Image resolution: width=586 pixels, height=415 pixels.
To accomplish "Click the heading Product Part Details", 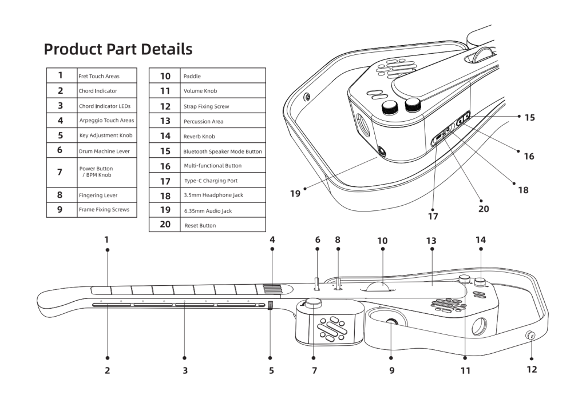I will pos(118,49).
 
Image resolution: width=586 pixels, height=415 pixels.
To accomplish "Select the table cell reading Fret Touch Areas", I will pos(99,76).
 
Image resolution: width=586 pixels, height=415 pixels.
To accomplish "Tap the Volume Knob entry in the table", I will pos(200,91).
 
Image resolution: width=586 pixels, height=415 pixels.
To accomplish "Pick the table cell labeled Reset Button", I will pos(200,226).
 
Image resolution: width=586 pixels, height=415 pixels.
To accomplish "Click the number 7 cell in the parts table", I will pos(60,172).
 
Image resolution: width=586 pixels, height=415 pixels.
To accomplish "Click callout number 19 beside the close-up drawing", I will pos(295,194).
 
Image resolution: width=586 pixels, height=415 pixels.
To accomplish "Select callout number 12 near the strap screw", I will pos(532,369).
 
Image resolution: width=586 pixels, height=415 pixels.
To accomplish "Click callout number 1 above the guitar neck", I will pos(106,240).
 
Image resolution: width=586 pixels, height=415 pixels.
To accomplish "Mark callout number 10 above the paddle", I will pos(382,241).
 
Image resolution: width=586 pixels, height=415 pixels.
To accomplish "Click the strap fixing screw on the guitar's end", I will pos(530,336).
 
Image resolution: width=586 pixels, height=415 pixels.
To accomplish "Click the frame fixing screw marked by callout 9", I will pos(392,324).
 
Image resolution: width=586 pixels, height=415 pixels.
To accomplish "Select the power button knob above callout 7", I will pos(314,303).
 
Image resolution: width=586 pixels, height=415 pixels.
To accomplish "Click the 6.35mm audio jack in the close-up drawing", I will pos(381,151).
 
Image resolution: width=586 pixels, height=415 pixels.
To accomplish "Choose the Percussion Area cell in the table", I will pos(203,121).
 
